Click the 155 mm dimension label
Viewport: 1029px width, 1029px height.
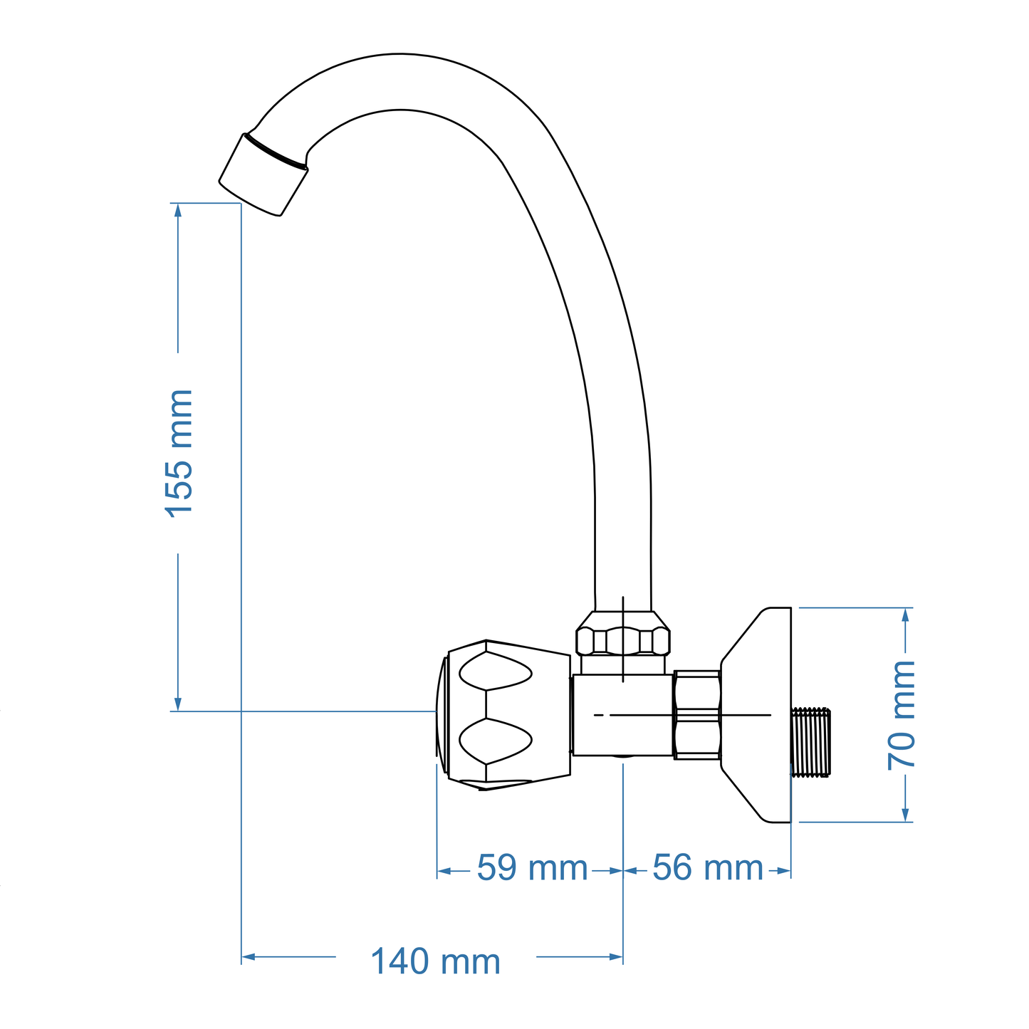[179, 453]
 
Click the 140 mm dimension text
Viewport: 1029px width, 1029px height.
[435, 962]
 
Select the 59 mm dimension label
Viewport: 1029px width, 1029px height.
[531, 868]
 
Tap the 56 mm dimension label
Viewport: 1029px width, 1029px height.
[707, 868]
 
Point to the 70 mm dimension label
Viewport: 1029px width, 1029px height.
[902, 715]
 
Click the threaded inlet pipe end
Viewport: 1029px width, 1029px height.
[813, 741]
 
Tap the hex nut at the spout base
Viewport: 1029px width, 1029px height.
[623, 639]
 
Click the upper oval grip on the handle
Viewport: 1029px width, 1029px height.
[495, 671]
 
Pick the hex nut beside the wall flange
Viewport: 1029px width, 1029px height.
[697, 714]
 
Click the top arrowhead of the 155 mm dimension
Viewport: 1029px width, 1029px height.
[178, 209]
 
